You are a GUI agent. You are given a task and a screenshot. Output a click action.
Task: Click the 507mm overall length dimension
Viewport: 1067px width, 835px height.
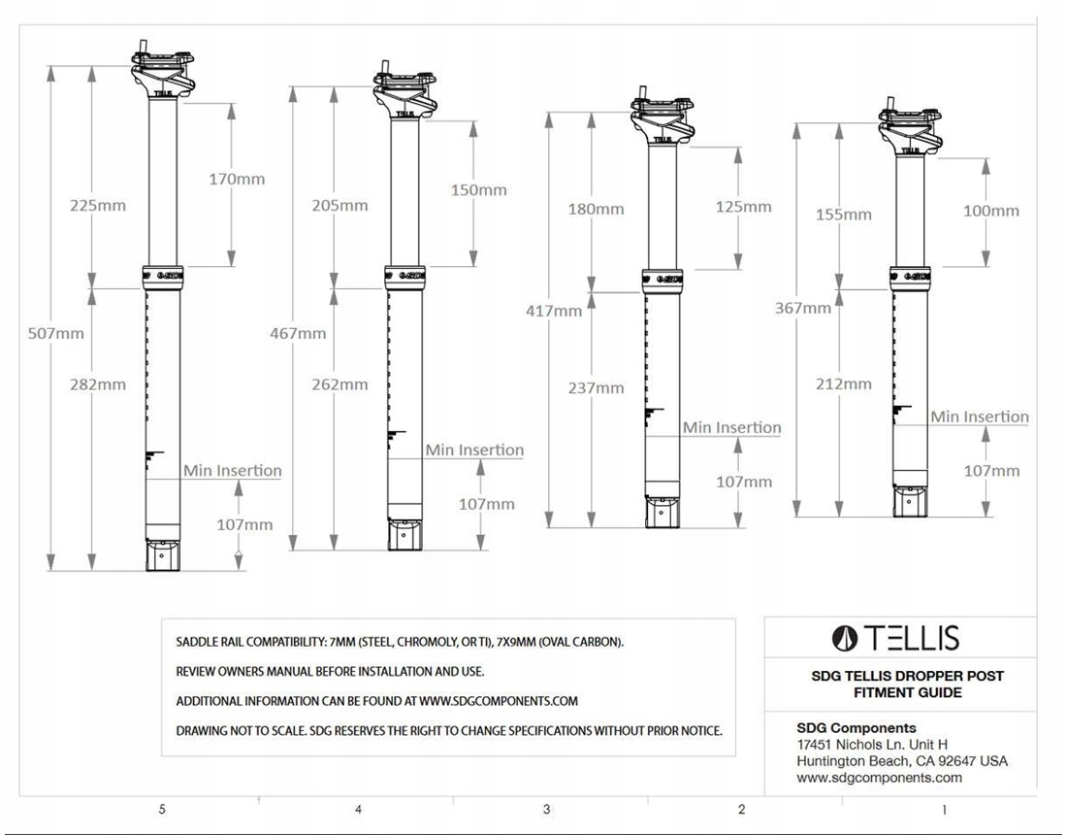56,334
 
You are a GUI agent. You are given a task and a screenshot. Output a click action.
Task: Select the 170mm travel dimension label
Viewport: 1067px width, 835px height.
237,179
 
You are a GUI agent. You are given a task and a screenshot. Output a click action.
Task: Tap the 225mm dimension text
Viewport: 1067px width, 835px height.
98,205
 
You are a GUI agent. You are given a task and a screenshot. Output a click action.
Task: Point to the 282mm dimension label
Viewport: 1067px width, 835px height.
98,384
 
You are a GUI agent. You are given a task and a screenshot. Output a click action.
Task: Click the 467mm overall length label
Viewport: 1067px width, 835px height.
298,334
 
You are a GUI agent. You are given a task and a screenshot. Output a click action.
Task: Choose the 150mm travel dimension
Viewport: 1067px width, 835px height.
479,190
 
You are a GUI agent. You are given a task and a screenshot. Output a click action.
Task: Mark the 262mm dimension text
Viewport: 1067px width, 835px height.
340,384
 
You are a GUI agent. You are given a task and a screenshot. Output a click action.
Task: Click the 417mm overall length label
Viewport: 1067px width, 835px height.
554,312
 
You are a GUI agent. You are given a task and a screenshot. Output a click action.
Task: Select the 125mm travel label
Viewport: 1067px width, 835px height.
744,207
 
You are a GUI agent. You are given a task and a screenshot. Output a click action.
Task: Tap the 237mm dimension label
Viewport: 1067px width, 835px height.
597,388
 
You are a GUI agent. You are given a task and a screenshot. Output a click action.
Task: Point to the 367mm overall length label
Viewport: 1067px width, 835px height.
803,308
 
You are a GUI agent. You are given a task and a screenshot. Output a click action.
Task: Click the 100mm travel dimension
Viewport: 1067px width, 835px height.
991,211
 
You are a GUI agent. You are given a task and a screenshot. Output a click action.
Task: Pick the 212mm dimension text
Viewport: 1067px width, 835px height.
844,384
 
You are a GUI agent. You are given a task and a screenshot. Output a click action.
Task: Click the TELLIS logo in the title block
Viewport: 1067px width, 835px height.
895,638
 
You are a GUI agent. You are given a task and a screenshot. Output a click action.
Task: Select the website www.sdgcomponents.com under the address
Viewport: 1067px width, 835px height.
879,778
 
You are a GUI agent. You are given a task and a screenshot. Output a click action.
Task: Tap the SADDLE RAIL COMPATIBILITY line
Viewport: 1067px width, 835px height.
400,642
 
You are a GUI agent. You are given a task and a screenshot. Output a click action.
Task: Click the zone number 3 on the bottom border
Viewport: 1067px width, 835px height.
546,810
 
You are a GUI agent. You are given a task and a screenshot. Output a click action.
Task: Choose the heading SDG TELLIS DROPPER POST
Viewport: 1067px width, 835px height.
908,677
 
